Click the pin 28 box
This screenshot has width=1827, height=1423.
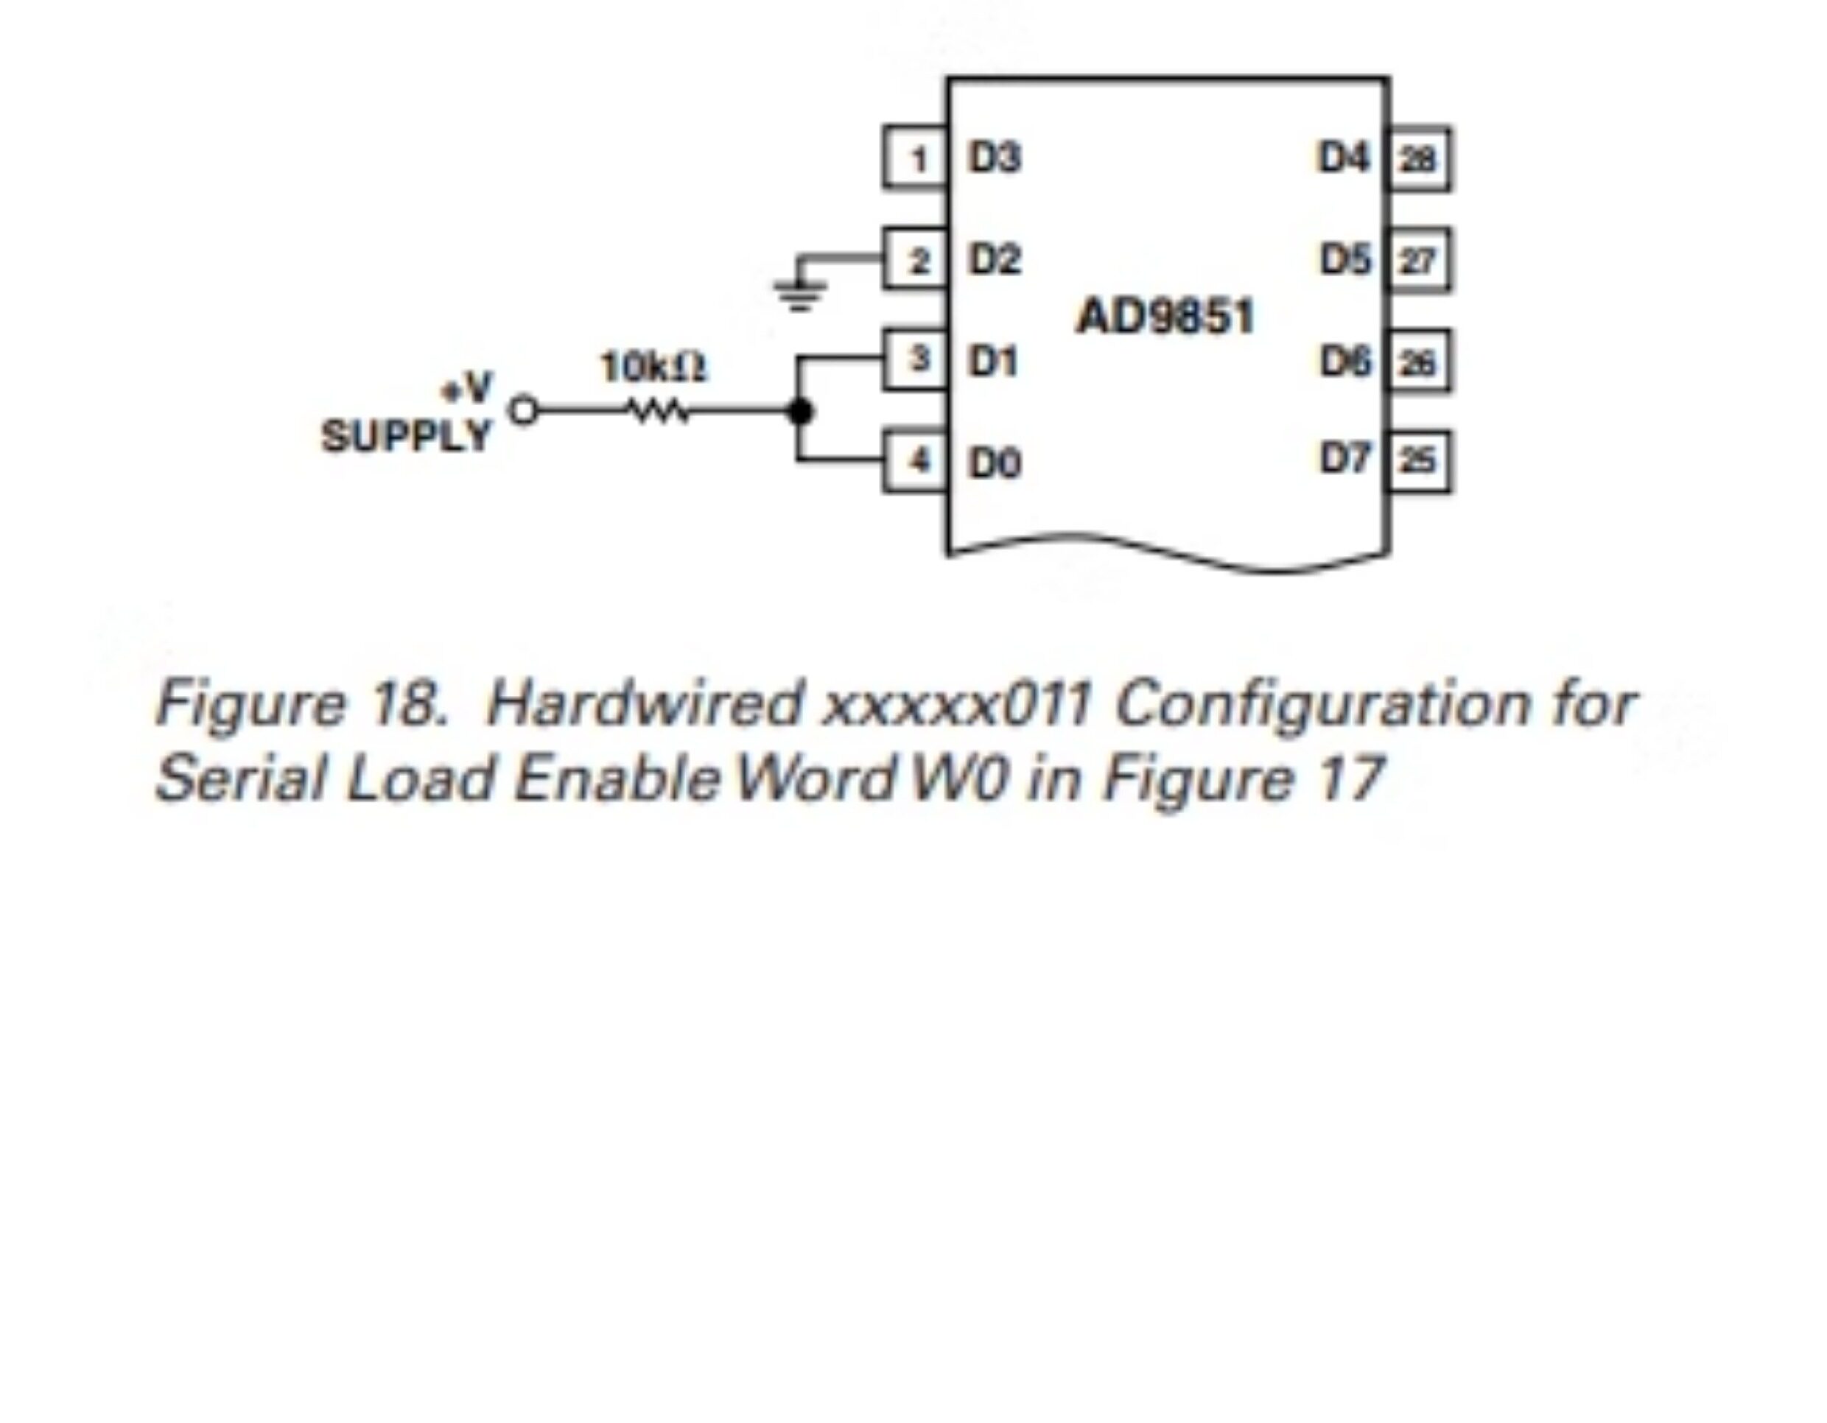(1419, 159)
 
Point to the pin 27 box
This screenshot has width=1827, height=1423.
(1419, 260)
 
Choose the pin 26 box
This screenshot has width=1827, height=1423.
(1419, 362)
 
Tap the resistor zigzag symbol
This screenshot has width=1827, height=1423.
(659, 411)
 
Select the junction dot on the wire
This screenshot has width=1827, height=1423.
(801, 411)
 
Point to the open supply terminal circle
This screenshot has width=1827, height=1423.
(524, 411)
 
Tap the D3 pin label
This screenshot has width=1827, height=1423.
(995, 158)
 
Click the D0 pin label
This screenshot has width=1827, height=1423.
(995, 463)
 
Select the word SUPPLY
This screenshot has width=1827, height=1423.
(407, 436)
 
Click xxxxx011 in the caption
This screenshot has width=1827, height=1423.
(957, 704)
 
